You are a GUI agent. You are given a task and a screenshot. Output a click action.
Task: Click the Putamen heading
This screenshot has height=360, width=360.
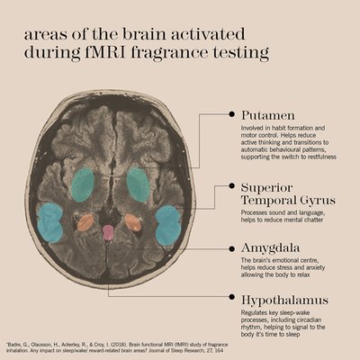click(268, 115)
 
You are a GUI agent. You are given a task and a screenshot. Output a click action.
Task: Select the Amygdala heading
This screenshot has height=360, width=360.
click(271, 248)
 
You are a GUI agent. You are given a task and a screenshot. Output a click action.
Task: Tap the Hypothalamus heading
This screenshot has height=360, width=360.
click(284, 301)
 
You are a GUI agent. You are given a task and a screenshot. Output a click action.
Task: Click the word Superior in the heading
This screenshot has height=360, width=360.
click(266, 188)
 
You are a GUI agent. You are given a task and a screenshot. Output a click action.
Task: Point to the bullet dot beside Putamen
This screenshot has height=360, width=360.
click(231, 114)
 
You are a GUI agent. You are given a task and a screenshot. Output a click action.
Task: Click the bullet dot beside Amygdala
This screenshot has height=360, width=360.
click(231, 248)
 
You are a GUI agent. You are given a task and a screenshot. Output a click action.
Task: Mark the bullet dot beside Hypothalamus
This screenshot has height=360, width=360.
click(231, 297)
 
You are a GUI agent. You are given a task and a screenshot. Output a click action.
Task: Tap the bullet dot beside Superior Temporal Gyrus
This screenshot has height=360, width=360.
click(231, 186)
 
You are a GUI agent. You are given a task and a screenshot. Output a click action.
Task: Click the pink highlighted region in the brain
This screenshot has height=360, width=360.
click(108, 233)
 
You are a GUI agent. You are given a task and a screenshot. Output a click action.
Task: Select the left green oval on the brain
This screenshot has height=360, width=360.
click(83, 184)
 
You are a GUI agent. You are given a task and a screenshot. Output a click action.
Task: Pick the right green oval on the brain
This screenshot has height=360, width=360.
click(139, 184)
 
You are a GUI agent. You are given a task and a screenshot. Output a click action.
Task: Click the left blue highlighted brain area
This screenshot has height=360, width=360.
click(49, 222)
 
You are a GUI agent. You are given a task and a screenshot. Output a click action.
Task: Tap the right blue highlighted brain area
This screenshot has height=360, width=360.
click(168, 225)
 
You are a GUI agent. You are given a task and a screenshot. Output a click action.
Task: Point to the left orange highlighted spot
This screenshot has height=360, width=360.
click(85, 222)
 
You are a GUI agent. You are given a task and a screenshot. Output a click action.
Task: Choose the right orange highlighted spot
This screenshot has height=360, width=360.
click(133, 222)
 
